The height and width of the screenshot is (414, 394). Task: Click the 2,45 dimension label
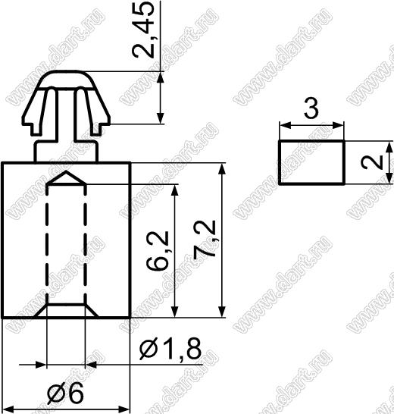click(142, 30)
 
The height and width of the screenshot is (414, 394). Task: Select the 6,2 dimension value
click(157, 250)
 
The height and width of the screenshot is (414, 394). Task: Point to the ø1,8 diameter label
click(170, 349)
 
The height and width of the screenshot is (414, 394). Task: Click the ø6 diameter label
click(65, 394)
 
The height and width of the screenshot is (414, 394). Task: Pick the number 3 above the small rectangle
click(311, 108)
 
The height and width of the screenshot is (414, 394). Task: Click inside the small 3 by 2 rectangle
click(311, 162)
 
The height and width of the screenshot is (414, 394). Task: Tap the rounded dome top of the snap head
click(66, 79)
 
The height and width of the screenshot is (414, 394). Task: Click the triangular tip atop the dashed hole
click(67, 177)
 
